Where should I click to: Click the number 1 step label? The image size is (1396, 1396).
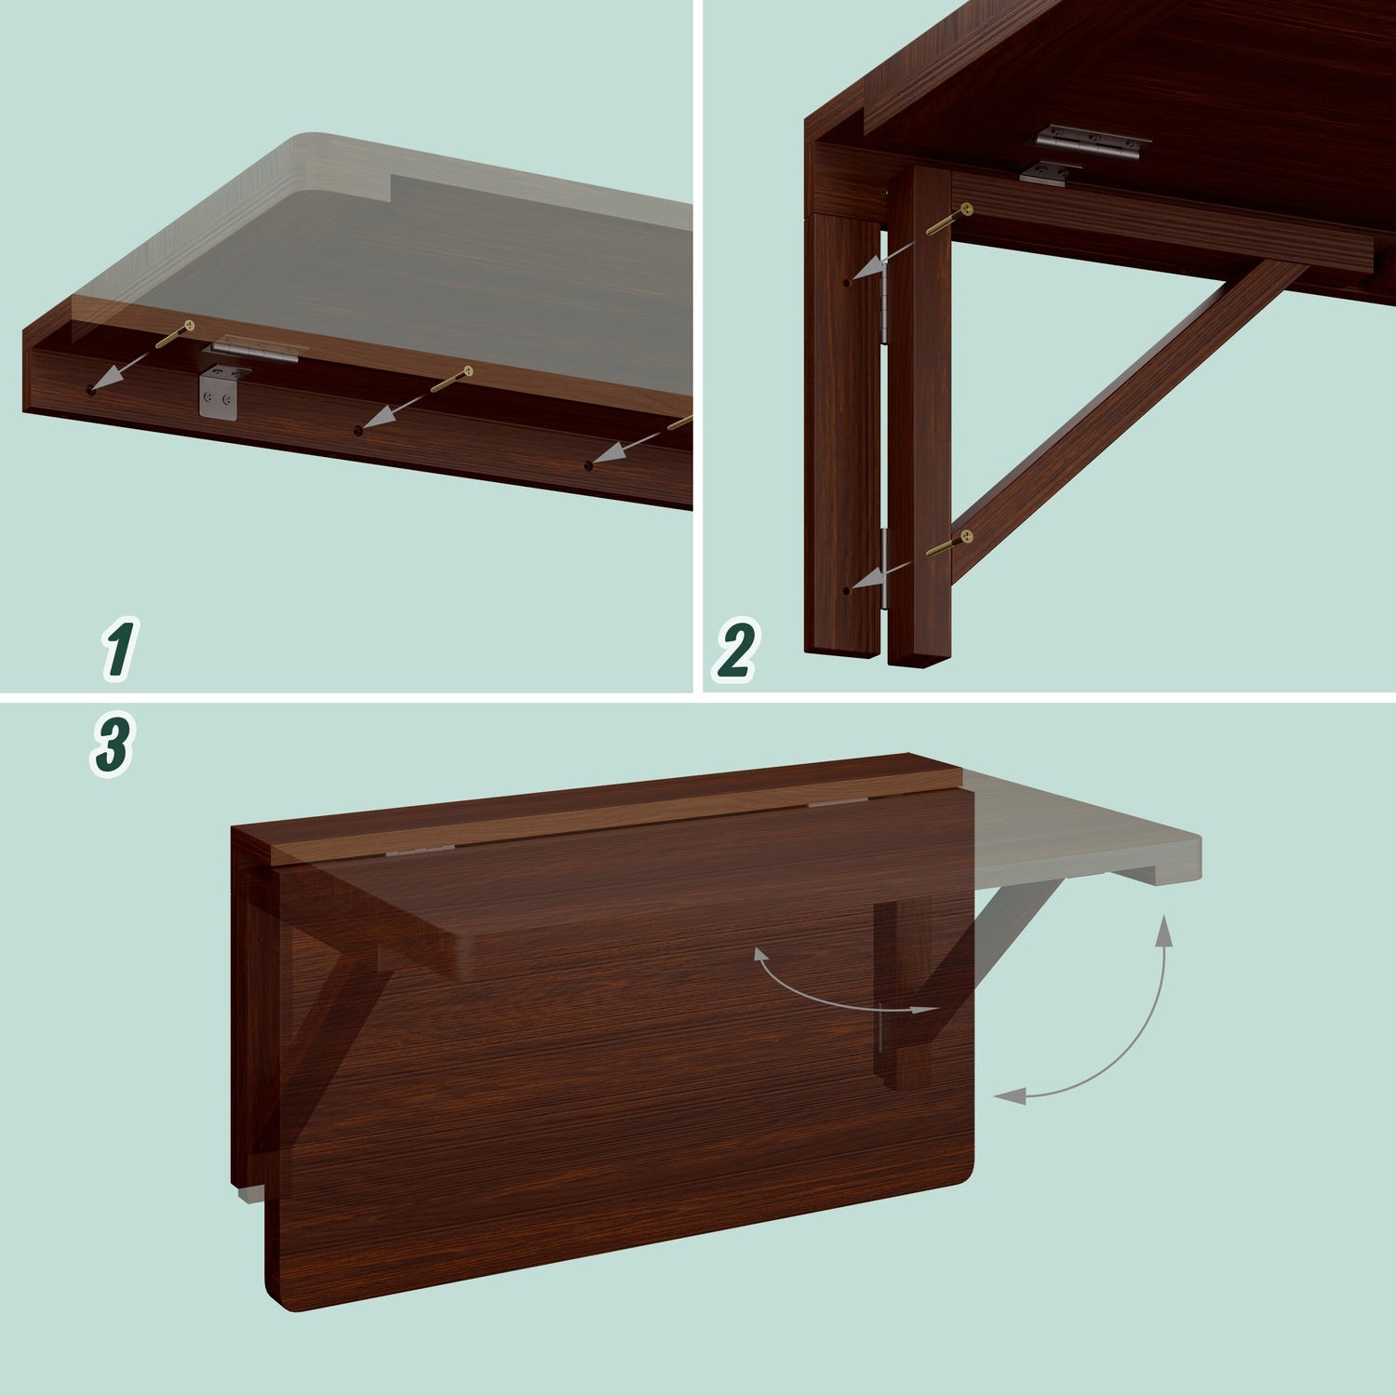coord(119,649)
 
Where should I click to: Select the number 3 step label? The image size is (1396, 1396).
coord(112,745)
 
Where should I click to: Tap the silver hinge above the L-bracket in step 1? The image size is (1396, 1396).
coord(254,349)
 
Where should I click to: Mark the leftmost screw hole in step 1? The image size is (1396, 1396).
coord(90,390)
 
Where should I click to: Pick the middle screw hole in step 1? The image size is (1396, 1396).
coord(359,429)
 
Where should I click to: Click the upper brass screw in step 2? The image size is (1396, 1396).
coord(951,220)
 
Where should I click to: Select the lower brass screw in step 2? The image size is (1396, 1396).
coord(949,544)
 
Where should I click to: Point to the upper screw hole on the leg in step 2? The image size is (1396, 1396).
coord(846,281)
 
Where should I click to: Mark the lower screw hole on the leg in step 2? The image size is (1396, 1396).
coord(846,590)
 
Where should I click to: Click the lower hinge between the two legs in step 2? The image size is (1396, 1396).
coord(883,568)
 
